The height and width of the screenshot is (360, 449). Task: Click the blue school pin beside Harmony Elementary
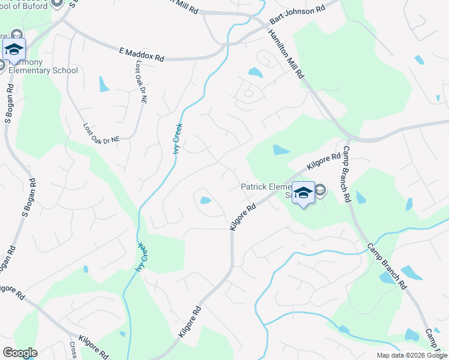click(x=13, y=49)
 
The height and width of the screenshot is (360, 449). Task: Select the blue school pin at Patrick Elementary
click(x=303, y=193)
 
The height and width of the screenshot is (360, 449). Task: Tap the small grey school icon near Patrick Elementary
click(x=320, y=191)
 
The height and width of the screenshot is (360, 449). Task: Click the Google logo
click(x=19, y=353)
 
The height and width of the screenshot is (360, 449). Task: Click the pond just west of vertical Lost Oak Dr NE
click(x=104, y=83)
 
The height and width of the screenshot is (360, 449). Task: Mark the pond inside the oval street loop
click(x=205, y=200)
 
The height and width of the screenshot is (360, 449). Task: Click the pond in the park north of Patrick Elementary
click(x=280, y=150)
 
